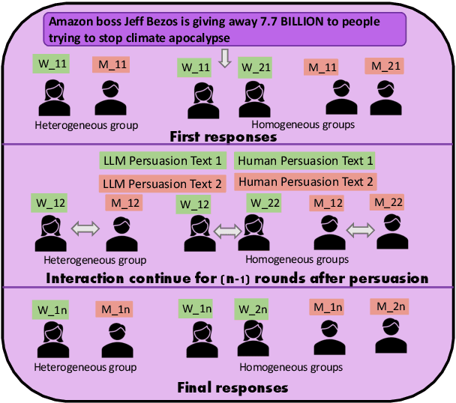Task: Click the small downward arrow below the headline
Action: tap(223, 59)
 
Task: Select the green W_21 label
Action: tap(253, 67)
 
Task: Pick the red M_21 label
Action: tap(385, 66)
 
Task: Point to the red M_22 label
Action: tap(388, 202)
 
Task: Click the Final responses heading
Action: tap(232, 387)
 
